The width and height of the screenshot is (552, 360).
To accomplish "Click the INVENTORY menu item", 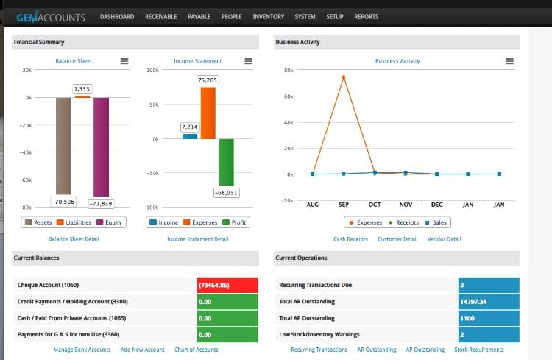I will (268, 16).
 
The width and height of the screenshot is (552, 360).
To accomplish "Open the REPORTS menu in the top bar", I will (366, 16).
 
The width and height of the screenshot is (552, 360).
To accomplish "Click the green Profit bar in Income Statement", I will (226, 162).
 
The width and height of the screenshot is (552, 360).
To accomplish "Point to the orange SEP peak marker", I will (344, 77).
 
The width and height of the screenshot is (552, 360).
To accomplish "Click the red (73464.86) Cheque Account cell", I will (227, 284).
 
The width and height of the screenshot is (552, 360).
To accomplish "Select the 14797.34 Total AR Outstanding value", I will (488, 301).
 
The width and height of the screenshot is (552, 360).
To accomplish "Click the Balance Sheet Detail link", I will (74, 239).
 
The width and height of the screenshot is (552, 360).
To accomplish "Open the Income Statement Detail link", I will (197, 239).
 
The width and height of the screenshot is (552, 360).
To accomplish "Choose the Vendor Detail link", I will (444, 239).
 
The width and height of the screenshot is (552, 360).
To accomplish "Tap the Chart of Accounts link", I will (196, 350).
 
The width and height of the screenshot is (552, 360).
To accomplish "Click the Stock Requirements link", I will (479, 350).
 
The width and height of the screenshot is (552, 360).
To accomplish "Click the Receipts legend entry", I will (403, 222).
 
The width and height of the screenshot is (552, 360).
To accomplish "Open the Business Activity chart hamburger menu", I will (509, 61).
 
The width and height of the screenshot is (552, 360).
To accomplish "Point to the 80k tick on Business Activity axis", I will (289, 71).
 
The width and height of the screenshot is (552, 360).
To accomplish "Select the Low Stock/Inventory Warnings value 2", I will (488, 335).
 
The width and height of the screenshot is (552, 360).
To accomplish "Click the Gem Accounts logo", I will (51, 17).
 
